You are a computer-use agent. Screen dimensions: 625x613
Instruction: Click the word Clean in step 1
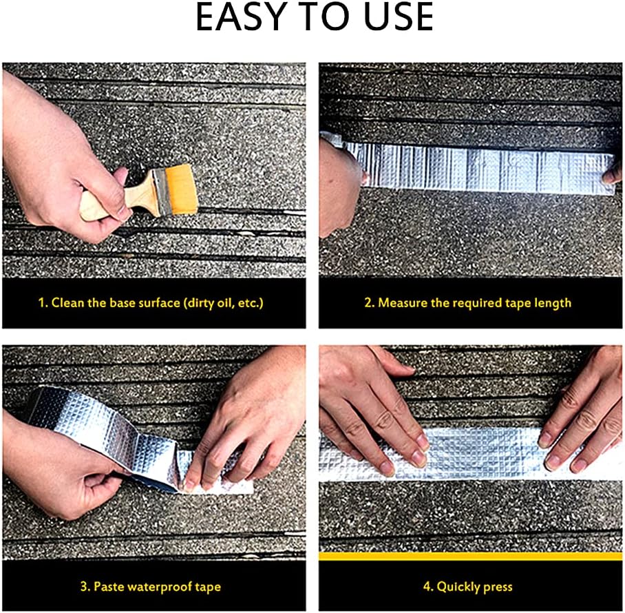click(67, 302)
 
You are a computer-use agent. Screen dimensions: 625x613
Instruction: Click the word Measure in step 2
click(403, 302)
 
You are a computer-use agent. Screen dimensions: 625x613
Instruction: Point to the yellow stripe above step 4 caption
click(470, 557)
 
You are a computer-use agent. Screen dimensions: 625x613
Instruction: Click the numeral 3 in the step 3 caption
click(84, 587)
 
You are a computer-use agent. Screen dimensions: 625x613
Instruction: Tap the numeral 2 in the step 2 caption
click(368, 302)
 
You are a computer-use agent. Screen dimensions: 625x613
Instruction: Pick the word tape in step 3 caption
click(208, 588)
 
